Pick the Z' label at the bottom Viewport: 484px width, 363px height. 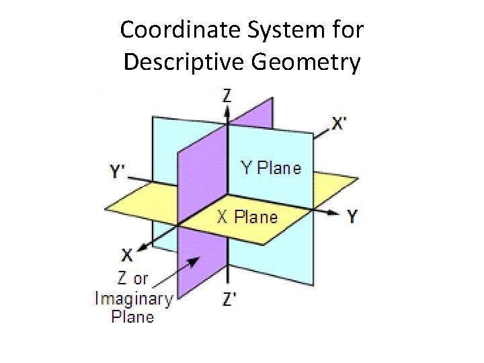[x=229, y=300]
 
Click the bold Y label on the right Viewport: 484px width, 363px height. [x=352, y=216]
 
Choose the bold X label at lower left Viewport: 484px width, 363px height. [x=127, y=255]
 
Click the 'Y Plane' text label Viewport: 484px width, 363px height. [x=271, y=168]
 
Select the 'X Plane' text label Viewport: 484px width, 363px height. [x=247, y=217]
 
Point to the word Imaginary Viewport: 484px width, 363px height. [x=134, y=298]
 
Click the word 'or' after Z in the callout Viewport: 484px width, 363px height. [x=140, y=279]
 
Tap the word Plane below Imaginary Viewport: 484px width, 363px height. [x=132, y=317]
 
